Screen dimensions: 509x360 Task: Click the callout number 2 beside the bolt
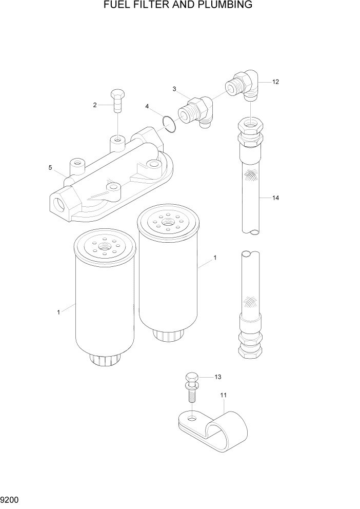tap(95, 105)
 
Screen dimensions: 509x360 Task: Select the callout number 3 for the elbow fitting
tap(174, 89)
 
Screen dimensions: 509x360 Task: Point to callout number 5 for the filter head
tap(50, 168)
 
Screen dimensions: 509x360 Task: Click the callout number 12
tap(275, 82)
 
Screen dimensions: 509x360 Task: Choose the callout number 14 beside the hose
tap(275, 198)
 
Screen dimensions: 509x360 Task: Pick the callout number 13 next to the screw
tap(217, 377)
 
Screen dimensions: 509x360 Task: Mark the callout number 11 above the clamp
tap(223, 395)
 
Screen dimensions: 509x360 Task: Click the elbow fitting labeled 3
tap(197, 110)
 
